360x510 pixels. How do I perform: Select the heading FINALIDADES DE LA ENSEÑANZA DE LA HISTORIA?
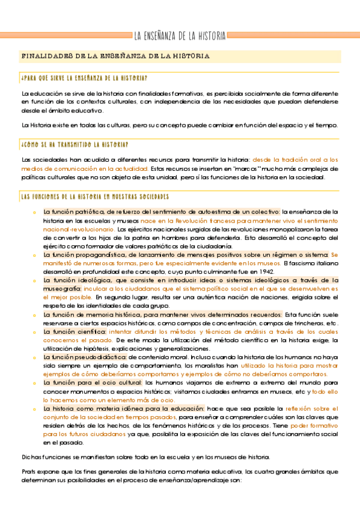pos(115,56)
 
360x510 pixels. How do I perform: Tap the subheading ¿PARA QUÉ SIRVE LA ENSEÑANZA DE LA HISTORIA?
pos(84,78)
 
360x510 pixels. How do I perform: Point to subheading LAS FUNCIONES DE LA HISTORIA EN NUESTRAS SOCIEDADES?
pos(94,197)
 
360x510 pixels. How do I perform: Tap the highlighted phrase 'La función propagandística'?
pos(82,254)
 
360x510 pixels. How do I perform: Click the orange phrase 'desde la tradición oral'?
pos(283,160)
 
